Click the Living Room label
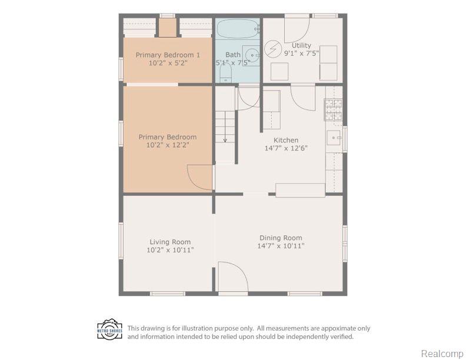click(170, 242)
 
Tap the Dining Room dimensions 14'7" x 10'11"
click(281, 246)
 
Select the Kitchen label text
click(286, 140)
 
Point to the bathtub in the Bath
click(238, 29)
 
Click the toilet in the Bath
click(225, 73)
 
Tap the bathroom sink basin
click(251, 55)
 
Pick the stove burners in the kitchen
click(334, 110)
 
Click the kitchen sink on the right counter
click(334, 138)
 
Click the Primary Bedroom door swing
click(199, 177)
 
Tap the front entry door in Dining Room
click(233, 277)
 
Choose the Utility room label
click(301, 45)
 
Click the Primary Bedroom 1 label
click(168, 55)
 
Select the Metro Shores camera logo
click(109, 329)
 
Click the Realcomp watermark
click(442, 354)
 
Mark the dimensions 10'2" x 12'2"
click(168, 145)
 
